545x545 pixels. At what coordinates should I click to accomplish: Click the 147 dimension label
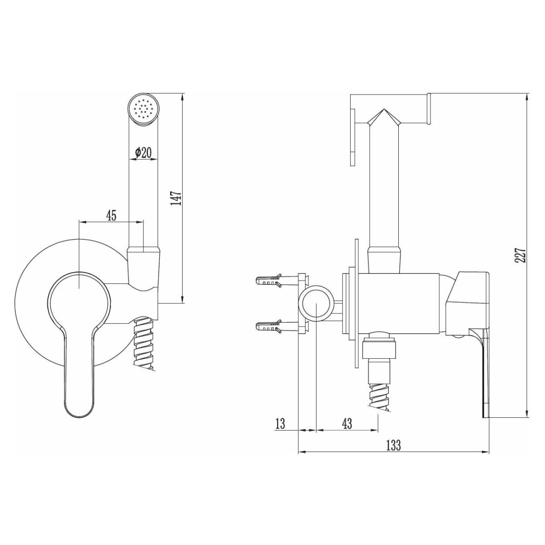[176, 198]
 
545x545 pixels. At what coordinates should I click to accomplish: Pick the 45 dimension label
[111, 216]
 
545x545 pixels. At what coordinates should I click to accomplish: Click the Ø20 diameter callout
[144, 153]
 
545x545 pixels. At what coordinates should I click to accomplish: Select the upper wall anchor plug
[269, 280]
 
